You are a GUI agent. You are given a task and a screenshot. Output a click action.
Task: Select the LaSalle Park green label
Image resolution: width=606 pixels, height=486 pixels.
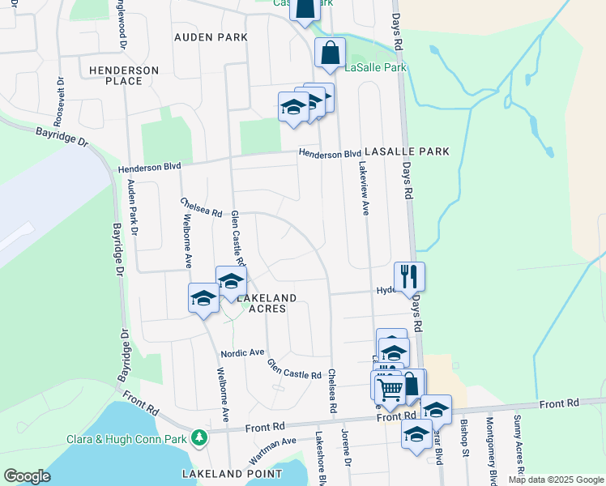coord(375,68)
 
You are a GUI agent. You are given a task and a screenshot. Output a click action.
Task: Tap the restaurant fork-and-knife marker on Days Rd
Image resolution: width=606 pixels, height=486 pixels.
coord(409,277)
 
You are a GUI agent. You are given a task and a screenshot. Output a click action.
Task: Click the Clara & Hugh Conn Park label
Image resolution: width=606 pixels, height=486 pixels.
coord(128,440)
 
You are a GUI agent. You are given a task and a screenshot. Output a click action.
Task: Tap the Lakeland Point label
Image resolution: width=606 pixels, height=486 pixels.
coord(232,474)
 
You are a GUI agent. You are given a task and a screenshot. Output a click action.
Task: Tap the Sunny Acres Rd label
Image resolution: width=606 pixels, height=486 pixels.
coord(518,446)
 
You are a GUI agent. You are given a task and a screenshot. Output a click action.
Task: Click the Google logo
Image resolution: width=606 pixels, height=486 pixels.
coord(28,477)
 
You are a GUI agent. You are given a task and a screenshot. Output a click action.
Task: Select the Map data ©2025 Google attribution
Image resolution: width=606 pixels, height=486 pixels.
coord(556,480)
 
